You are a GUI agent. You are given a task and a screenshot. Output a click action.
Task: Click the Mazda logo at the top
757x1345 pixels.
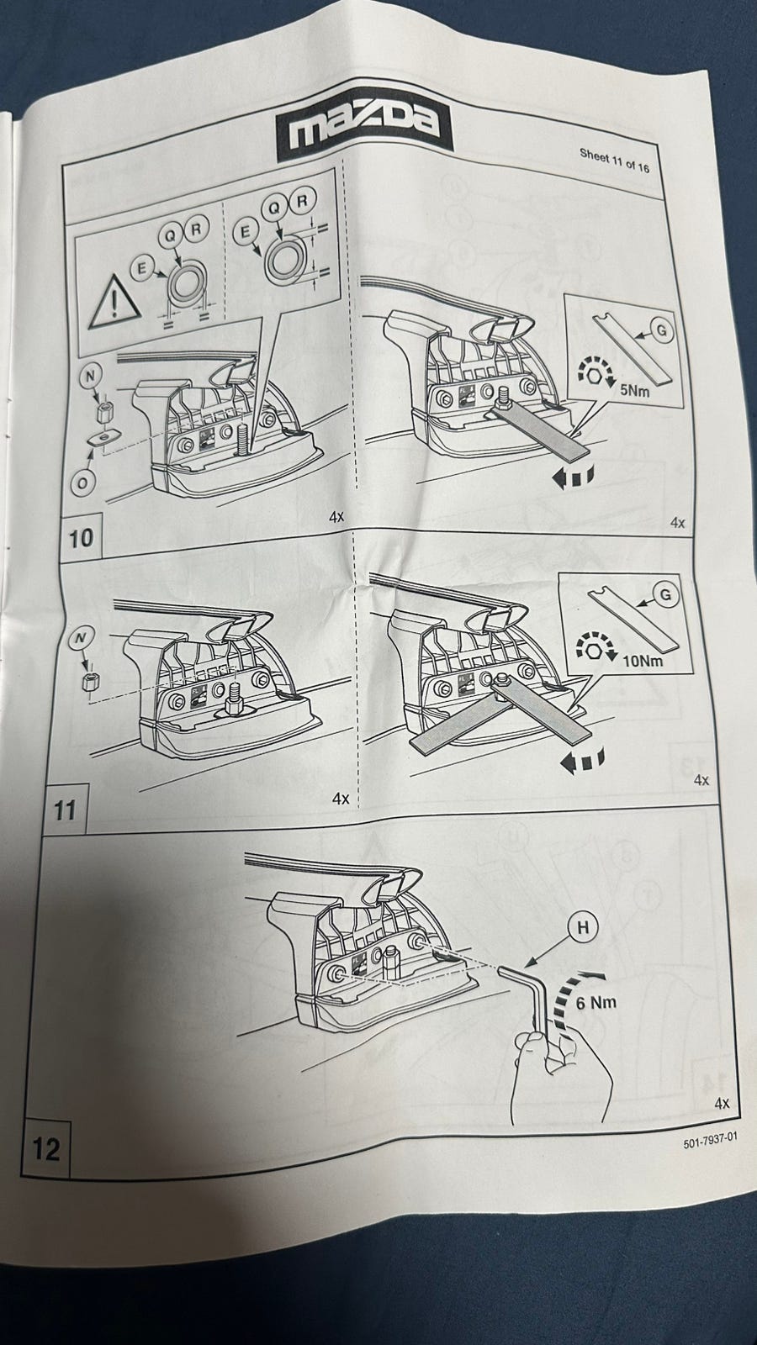(364, 131)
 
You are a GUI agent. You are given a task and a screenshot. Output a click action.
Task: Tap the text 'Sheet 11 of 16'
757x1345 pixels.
(614, 160)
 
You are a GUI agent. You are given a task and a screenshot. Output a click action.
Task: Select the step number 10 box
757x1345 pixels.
(82, 537)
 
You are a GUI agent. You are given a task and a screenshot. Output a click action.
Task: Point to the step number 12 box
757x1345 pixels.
(46, 1148)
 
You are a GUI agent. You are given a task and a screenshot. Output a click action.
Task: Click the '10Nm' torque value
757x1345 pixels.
(643, 661)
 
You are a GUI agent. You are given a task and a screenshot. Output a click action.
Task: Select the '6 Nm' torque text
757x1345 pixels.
(596, 1001)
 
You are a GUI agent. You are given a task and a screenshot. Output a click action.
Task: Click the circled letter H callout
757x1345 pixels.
(582, 927)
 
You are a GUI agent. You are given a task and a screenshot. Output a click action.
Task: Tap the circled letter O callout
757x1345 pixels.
(83, 481)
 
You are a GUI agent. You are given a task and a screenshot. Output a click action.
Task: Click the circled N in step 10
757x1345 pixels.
(90, 377)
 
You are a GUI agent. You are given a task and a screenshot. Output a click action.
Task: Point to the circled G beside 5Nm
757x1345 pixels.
(661, 331)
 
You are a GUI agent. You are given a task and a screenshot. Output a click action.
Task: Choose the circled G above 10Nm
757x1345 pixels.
(664, 595)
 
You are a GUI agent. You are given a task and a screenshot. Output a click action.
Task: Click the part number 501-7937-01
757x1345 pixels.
(710, 1139)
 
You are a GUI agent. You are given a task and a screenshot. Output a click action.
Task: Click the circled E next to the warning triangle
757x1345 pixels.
(141, 268)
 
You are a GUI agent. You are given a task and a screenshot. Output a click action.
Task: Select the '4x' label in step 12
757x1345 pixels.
(722, 1102)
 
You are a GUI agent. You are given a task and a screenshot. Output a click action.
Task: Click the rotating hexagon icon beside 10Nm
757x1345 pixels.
(596, 648)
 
